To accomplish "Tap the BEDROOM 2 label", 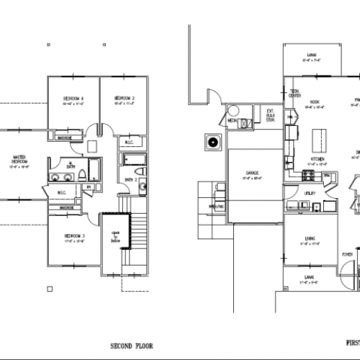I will point(124,98).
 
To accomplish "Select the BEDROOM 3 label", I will point(74,235).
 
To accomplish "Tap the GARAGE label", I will point(252,174).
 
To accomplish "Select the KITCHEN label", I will point(318,159).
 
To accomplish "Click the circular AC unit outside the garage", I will point(214,143).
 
